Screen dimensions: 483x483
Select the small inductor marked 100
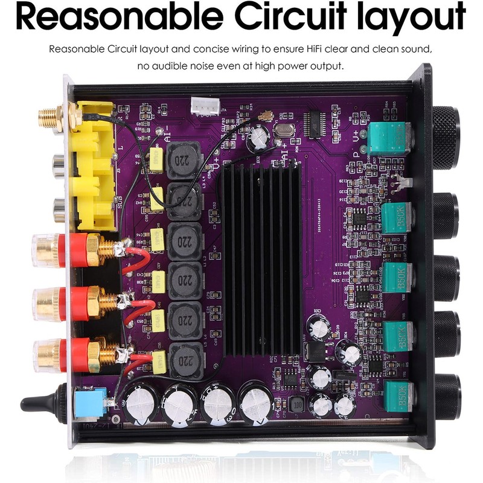296,405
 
